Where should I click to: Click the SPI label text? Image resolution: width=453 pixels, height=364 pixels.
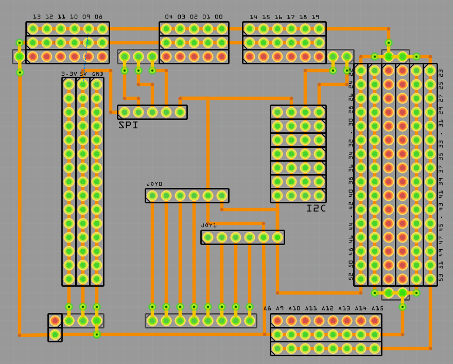pos(128,125)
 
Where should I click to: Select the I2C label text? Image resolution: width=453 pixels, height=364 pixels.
pos(316,208)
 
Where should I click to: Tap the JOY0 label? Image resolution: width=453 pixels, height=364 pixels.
pos(154,184)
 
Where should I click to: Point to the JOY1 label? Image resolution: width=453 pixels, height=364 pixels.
pos(208,226)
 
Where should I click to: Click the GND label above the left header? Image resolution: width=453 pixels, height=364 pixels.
pos(97,74)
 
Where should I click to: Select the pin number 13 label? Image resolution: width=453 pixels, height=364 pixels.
pos(37,17)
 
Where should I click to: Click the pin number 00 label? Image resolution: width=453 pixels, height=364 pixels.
pos(219,17)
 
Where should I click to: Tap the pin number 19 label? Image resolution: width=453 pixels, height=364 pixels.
pos(315,17)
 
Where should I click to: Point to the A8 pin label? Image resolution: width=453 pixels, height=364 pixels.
pos(267,308)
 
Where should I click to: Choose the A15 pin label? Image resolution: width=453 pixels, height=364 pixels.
pos(377,308)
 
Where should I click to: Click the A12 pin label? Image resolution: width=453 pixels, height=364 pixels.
pos(327,308)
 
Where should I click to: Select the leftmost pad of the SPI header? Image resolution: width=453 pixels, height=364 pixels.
pos(125,112)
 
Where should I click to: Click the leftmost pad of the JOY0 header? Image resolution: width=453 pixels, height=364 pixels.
pos(152,196)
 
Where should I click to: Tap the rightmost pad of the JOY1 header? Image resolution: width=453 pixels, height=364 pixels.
pos(277,237)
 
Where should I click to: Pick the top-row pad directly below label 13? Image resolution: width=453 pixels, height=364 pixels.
pos(33,29)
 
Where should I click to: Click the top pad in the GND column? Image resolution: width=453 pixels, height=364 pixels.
pos(97,84)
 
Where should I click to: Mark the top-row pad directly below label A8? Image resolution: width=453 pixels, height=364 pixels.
pos(277,321)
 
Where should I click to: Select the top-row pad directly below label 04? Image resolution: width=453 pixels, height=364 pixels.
pos(166,29)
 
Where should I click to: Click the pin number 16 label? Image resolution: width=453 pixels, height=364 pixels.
pos(278,17)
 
